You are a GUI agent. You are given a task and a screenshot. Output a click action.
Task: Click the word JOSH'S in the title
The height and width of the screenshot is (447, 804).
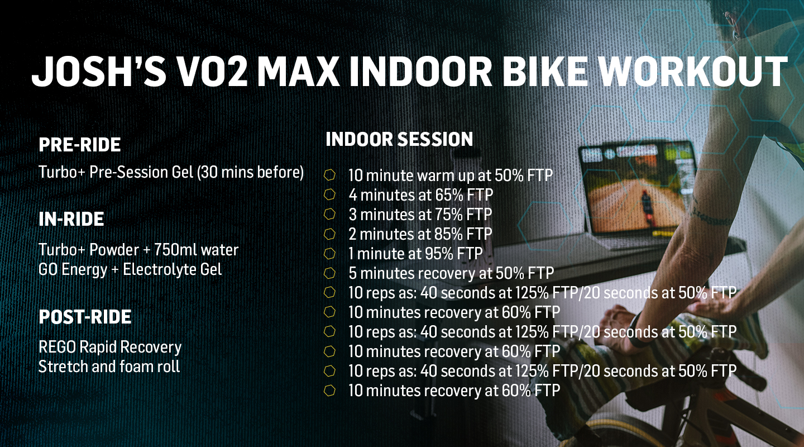tap(99, 71)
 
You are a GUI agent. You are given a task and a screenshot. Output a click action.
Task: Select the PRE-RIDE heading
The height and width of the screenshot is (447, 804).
tap(80, 145)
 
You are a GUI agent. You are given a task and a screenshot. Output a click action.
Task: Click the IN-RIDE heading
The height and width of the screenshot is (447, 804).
tap(71, 219)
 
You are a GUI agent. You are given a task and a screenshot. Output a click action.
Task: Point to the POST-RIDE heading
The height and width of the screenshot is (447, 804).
tap(85, 317)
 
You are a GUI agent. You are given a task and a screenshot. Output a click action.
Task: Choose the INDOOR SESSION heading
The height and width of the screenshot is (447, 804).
tap(400, 140)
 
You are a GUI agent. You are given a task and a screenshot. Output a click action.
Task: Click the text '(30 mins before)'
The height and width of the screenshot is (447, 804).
tap(251, 172)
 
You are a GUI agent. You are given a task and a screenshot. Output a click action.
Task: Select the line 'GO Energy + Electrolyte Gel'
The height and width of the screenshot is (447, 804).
tap(130, 270)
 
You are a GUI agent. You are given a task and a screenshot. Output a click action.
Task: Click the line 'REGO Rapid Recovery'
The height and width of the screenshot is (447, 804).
tap(110, 347)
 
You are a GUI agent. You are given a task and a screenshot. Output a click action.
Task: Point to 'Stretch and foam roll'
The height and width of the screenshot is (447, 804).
tap(109, 367)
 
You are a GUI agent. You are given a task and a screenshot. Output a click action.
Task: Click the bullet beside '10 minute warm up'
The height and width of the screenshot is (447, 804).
tap(329, 175)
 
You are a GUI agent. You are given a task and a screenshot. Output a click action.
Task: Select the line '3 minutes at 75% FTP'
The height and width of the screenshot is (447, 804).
tap(420, 215)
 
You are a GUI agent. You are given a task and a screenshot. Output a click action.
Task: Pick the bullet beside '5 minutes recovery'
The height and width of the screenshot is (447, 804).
tap(329, 273)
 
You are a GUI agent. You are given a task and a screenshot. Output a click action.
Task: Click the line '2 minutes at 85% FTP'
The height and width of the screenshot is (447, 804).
tap(420, 234)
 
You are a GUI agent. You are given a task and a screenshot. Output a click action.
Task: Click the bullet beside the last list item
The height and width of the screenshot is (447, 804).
tap(329, 390)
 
